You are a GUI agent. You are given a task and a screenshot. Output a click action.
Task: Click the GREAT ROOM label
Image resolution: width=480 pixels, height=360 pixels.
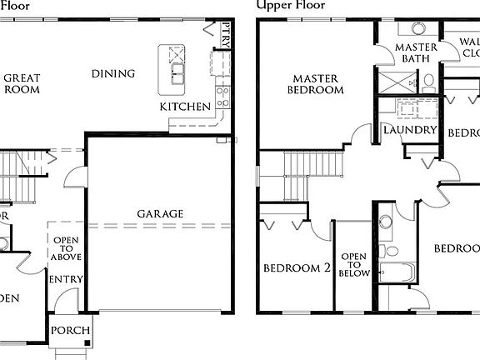click(x=22, y=83)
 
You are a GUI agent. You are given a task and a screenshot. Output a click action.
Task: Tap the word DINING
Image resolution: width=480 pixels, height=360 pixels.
click(x=113, y=73)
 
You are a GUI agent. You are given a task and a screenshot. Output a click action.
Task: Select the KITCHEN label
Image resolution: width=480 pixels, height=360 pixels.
click(x=185, y=107)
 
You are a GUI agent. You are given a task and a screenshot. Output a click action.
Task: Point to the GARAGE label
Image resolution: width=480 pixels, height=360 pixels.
click(x=160, y=213)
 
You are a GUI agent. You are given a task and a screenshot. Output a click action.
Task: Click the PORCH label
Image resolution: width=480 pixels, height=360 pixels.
click(x=70, y=330)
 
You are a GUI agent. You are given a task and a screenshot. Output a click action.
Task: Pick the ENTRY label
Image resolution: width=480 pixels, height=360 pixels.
click(x=65, y=278)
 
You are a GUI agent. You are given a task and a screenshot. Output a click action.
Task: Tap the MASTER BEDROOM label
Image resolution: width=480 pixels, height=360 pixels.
click(x=316, y=83)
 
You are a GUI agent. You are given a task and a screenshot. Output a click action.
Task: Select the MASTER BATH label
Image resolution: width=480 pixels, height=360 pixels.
click(x=416, y=53)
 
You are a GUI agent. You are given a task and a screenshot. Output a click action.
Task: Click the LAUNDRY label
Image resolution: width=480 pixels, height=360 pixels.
click(x=410, y=131)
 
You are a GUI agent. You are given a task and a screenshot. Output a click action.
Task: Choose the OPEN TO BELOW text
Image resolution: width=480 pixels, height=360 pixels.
click(x=354, y=263)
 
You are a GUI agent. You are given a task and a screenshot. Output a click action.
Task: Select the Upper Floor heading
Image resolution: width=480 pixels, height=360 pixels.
click(x=291, y=5)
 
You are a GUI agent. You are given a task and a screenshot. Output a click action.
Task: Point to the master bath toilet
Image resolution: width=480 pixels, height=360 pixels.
click(x=428, y=82)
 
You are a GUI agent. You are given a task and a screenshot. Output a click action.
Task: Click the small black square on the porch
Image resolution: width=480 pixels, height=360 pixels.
click(x=85, y=342)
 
